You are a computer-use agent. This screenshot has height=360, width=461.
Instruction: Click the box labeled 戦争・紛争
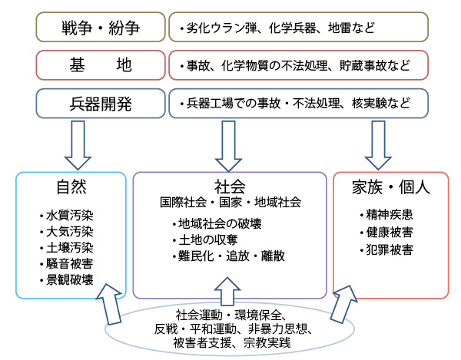pos(101,27)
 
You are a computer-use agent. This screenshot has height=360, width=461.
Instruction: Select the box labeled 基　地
pos(101,65)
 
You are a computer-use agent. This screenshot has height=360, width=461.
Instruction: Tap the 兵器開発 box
pos(101,104)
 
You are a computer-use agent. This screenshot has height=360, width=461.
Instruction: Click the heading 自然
pos(71,187)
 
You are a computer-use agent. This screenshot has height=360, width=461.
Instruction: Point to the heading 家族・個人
pos(391,187)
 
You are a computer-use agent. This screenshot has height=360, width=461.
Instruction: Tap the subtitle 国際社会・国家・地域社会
pos(230,203)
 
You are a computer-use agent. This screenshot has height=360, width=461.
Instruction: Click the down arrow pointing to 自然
pos(78,145)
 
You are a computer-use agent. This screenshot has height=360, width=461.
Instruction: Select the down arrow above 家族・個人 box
pos(378,145)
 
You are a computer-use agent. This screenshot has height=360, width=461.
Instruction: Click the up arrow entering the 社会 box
pos(227,292)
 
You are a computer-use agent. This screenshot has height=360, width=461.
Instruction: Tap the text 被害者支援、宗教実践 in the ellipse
pos(232,342)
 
